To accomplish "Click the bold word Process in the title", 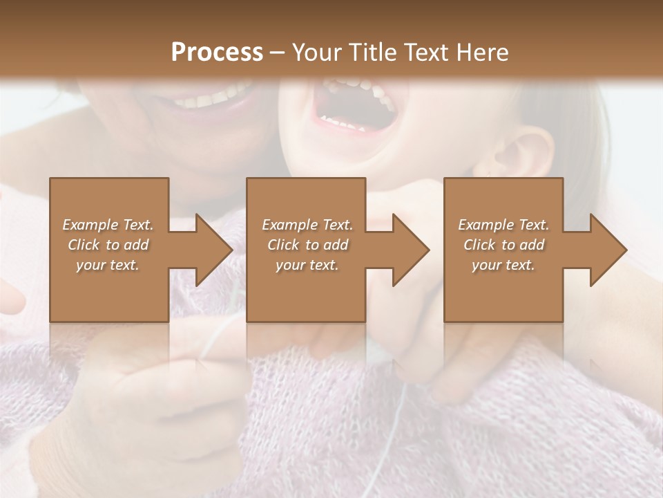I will [x=217, y=53].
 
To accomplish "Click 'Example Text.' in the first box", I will [x=108, y=225].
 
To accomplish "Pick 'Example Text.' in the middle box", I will [x=307, y=225].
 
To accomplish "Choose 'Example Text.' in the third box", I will [x=503, y=225].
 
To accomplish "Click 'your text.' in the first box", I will [x=108, y=265].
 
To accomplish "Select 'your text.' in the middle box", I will [x=307, y=265].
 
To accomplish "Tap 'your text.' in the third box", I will [x=503, y=265].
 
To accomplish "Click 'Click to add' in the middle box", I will [x=307, y=245].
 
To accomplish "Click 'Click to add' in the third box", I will [x=503, y=245].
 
